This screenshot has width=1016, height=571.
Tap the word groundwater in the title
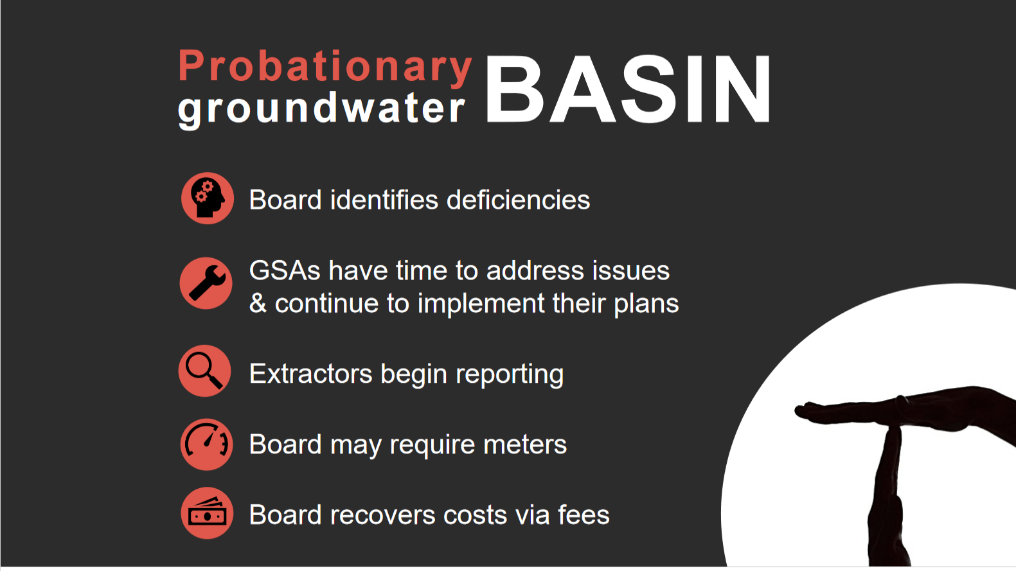(321, 109)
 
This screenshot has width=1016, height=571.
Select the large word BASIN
(628, 89)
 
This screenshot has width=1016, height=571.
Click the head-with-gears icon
(208, 198)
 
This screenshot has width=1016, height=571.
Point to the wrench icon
(206, 283)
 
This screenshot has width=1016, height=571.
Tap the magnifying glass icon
(204, 371)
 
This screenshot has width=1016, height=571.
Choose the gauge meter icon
(207, 444)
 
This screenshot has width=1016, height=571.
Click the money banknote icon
(208, 513)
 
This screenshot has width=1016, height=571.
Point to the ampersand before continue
(258, 303)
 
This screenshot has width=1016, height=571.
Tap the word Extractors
(310, 374)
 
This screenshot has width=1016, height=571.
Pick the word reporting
(510, 376)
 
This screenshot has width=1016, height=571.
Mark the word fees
(584, 515)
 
